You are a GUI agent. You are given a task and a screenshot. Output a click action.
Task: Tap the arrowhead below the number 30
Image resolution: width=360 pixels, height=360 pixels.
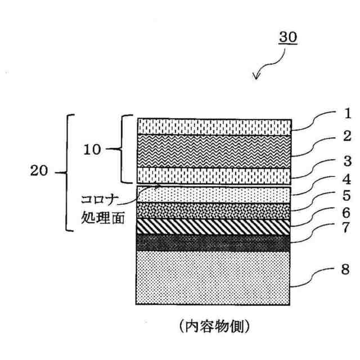(x=256, y=77)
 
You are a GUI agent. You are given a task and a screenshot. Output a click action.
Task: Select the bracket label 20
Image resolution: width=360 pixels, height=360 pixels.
(x=39, y=172)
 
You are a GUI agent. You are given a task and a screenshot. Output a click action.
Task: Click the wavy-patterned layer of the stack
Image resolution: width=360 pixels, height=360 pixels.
(x=214, y=151)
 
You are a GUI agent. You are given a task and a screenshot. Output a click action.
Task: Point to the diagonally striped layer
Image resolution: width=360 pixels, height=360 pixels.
(x=214, y=226)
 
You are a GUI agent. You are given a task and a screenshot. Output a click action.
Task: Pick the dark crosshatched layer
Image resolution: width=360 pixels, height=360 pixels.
(x=214, y=242)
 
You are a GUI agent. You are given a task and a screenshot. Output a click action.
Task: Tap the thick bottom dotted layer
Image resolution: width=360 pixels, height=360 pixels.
(x=214, y=277)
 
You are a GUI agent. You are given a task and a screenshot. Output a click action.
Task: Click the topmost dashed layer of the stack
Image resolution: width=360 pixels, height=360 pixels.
(x=214, y=127)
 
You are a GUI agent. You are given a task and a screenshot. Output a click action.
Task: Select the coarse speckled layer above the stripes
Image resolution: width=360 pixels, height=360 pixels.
(x=214, y=210)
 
